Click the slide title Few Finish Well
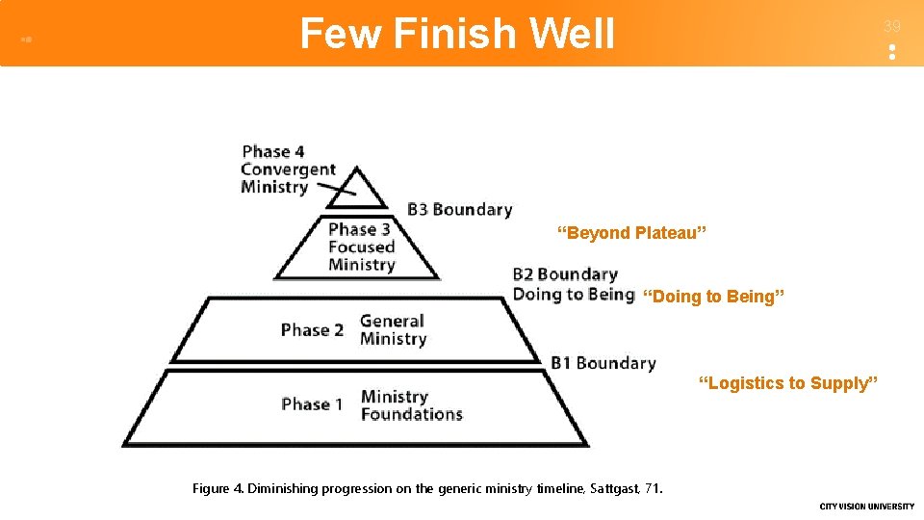[457, 34]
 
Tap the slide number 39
[892, 27]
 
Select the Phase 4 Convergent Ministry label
[287, 169]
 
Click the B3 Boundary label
[459, 209]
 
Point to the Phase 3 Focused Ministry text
[361, 247]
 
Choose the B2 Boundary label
[565, 275]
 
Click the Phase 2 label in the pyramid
[312, 330]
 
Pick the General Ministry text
[393, 330]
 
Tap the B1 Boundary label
[603, 363]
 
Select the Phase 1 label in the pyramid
[312, 404]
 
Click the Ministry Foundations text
[411, 405]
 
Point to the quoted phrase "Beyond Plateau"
[632, 233]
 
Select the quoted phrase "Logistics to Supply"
[787, 383]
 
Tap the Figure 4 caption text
[427, 488]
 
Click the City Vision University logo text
[866, 507]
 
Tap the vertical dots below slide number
[892, 52]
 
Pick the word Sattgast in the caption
[610, 488]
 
